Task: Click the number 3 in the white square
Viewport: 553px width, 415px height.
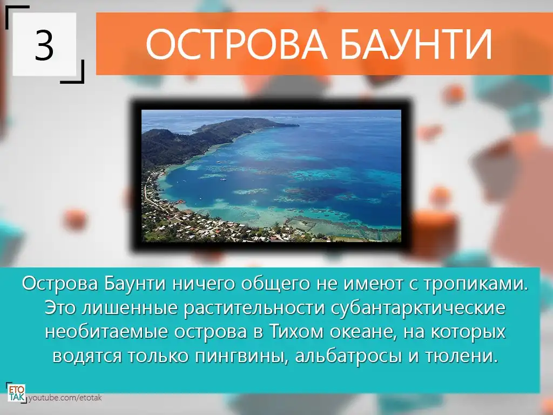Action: point(44,45)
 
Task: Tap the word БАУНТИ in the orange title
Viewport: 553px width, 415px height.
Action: point(416,44)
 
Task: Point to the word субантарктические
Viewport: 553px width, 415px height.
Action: point(419,308)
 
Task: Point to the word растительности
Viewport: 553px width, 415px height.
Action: point(254,308)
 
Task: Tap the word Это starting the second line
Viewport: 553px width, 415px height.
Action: point(60,308)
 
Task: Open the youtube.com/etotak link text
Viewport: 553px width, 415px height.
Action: point(65,398)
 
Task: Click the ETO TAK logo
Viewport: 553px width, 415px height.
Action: point(17,392)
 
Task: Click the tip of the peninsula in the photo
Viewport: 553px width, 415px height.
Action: point(298,125)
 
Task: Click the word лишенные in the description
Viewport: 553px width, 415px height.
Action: point(130,308)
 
